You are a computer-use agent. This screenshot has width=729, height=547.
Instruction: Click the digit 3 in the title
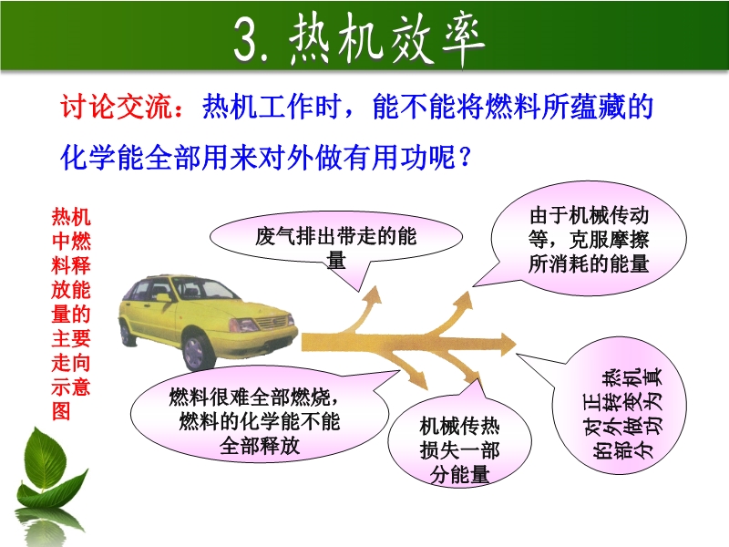point(246,40)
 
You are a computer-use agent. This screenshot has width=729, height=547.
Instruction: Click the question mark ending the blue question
point(465,157)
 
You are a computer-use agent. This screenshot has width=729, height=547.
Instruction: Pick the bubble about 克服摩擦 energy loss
point(589,238)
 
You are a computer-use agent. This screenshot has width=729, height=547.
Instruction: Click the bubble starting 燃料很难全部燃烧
point(260,415)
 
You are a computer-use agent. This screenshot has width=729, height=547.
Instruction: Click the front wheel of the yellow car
point(199,352)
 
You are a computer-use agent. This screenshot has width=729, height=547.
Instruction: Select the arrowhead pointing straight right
point(508,344)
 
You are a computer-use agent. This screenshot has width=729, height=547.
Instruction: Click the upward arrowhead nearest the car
point(373,295)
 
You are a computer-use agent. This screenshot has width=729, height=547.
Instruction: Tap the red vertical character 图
point(61,411)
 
